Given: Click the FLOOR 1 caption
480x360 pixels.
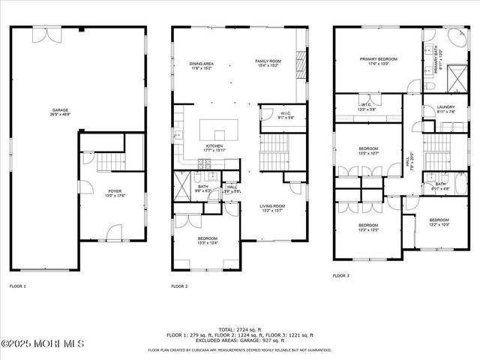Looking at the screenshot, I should (17, 286).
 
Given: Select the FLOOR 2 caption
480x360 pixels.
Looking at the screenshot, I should (179, 286).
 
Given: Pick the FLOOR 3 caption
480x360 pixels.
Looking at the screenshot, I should (341, 276).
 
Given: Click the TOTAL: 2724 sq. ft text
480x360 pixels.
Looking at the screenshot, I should (239, 330).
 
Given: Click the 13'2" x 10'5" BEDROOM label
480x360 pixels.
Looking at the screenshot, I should (439, 222).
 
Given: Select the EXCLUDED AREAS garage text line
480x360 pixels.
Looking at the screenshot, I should (239, 340).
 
